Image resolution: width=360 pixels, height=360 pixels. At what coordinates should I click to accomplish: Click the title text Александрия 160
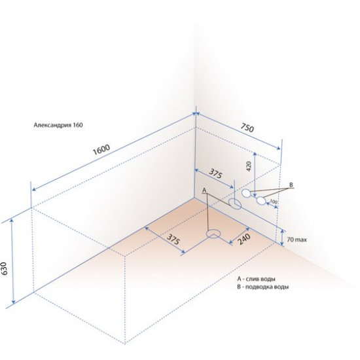58,125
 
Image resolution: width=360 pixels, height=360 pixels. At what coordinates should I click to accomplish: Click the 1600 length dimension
101,150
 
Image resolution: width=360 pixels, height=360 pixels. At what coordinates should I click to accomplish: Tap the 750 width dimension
247,128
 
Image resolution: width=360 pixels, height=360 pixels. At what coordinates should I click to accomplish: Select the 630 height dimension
5,268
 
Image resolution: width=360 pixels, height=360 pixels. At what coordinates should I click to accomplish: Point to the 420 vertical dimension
249,166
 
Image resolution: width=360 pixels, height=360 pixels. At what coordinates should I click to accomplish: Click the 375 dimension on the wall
215,174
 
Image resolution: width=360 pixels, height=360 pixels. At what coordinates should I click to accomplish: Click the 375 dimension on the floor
173,239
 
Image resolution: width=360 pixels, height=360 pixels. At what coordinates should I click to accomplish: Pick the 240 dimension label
243,239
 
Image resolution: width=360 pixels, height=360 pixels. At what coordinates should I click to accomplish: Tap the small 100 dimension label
273,202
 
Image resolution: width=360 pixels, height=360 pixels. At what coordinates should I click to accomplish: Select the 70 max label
297,240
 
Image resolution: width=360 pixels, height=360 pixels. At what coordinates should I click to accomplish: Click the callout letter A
204,190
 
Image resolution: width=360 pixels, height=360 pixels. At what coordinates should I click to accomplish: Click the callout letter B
291,185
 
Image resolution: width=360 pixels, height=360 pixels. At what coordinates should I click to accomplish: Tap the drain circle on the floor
213,234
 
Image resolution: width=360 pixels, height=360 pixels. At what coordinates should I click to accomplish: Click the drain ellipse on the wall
235,204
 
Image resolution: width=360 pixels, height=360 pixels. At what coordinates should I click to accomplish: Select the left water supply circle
246,193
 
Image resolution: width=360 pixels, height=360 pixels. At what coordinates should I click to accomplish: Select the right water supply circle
261,201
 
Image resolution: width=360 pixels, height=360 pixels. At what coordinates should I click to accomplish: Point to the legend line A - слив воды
256,279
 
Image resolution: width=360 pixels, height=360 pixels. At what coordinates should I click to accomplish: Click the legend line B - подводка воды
263,287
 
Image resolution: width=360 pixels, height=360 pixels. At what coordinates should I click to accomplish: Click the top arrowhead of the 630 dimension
12,221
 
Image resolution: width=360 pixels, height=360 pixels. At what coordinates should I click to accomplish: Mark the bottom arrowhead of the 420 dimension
255,195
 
